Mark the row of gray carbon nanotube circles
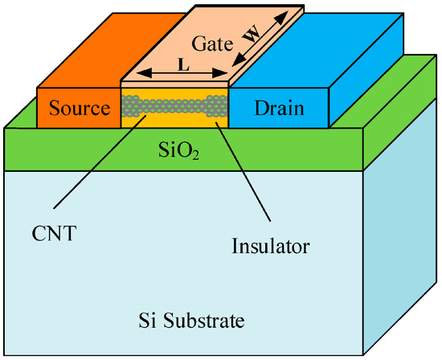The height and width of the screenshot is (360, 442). tap(174, 102)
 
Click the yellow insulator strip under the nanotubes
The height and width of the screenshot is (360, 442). tap(174, 119)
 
